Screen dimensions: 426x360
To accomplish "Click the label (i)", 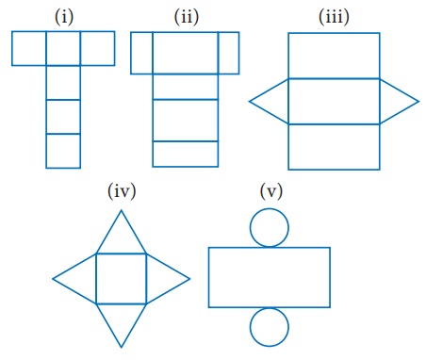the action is pyautogui.click(x=64, y=17).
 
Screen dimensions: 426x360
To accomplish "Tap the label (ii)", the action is pyautogui.click(x=187, y=17).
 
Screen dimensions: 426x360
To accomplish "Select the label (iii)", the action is pyautogui.click(x=334, y=17).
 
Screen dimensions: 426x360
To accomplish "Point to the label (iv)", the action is pyautogui.click(x=122, y=190).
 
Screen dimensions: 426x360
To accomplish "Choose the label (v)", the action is pyautogui.click(x=271, y=190).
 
